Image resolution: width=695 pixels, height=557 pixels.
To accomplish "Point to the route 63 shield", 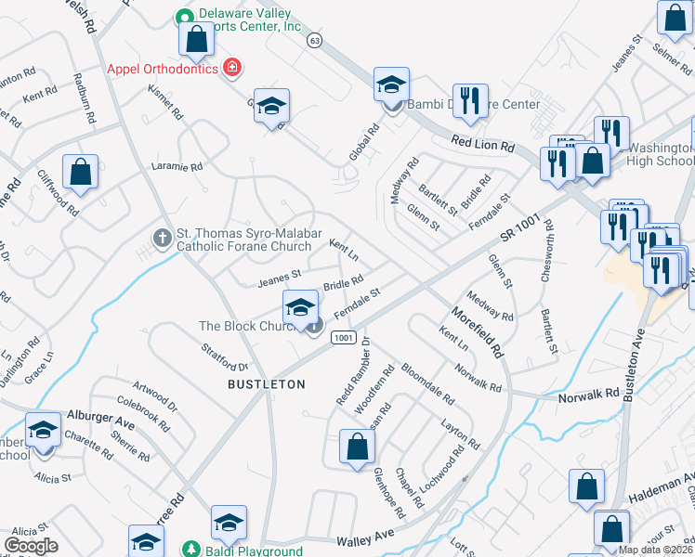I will [315, 41].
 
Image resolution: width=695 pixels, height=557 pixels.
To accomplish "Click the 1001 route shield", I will [343, 337].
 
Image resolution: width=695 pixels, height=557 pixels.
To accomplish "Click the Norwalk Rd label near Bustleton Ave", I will [589, 394].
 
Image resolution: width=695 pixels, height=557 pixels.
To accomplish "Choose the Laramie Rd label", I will [177, 167].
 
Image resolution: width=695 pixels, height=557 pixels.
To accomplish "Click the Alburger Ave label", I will [100, 420].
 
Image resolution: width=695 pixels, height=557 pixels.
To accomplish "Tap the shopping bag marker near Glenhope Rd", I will [357, 448].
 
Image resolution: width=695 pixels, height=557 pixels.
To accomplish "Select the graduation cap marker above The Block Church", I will [300, 308].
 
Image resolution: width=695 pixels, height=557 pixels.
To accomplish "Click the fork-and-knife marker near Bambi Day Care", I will [470, 101].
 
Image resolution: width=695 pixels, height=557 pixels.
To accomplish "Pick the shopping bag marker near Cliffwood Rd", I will [81, 172].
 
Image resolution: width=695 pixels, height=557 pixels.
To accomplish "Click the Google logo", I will [30, 546].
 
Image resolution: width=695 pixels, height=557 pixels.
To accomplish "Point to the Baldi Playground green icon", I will [191, 550].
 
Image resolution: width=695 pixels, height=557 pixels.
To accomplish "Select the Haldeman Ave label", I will [663, 486].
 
